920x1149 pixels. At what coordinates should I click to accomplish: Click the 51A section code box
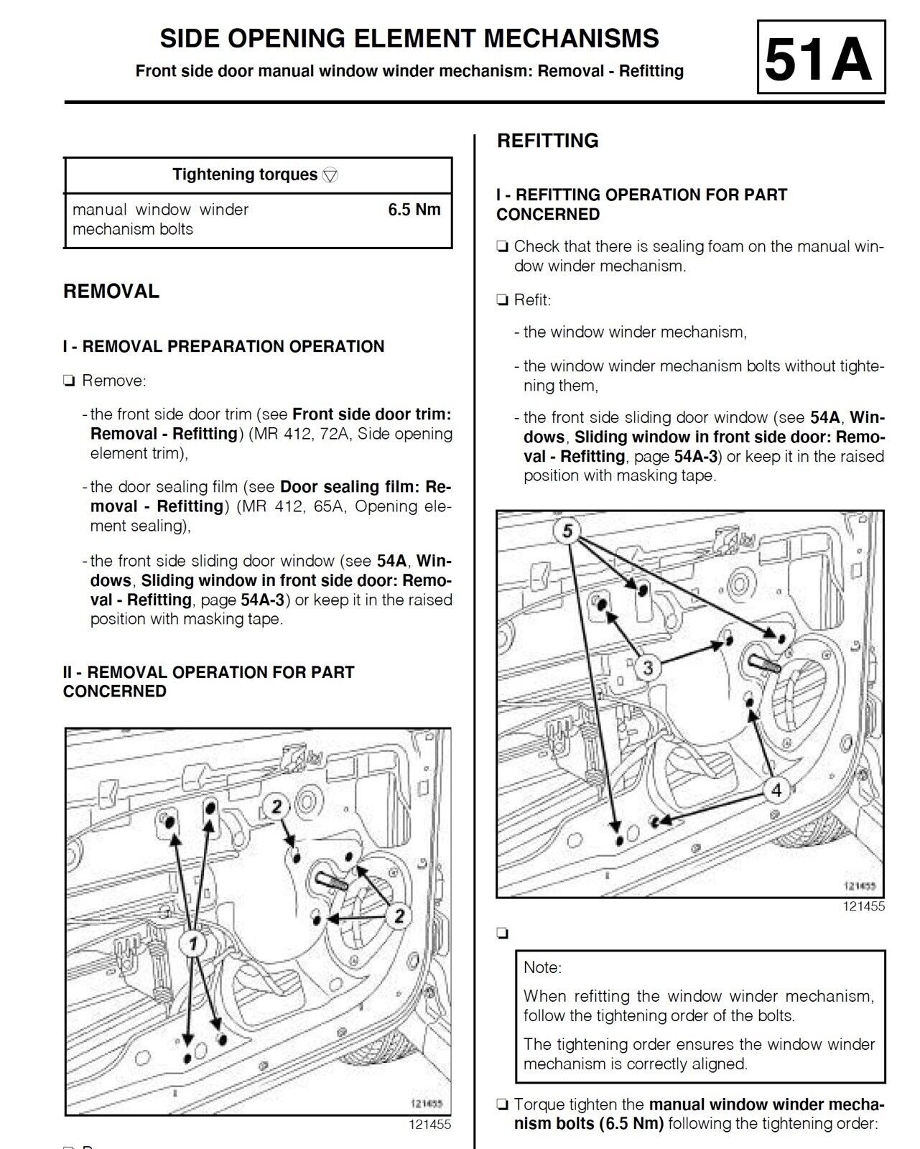(x=821, y=57)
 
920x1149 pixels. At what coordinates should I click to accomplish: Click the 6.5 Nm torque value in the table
(x=414, y=209)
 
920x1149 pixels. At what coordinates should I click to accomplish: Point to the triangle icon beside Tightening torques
(x=330, y=175)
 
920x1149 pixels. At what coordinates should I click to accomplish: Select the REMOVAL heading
(x=111, y=291)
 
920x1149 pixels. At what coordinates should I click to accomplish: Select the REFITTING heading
(x=548, y=141)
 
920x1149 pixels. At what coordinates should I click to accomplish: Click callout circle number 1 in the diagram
(x=193, y=944)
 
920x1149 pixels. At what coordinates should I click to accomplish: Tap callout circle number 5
(x=567, y=530)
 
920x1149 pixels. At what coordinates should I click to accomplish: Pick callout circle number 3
(x=649, y=667)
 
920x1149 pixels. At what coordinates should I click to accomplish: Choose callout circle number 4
(x=776, y=789)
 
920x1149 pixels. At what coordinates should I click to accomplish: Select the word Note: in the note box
(x=542, y=967)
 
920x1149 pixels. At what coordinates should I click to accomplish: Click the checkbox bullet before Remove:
(x=69, y=381)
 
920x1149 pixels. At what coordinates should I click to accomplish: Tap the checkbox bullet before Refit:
(x=502, y=299)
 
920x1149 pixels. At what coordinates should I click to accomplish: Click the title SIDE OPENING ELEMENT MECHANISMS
(x=409, y=39)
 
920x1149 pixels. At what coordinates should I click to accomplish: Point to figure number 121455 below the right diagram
(x=863, y=906)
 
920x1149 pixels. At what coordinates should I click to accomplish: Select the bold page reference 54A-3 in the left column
(x=262, y=600)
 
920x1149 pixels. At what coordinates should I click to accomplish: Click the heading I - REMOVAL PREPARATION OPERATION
(x=224, y=346)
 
